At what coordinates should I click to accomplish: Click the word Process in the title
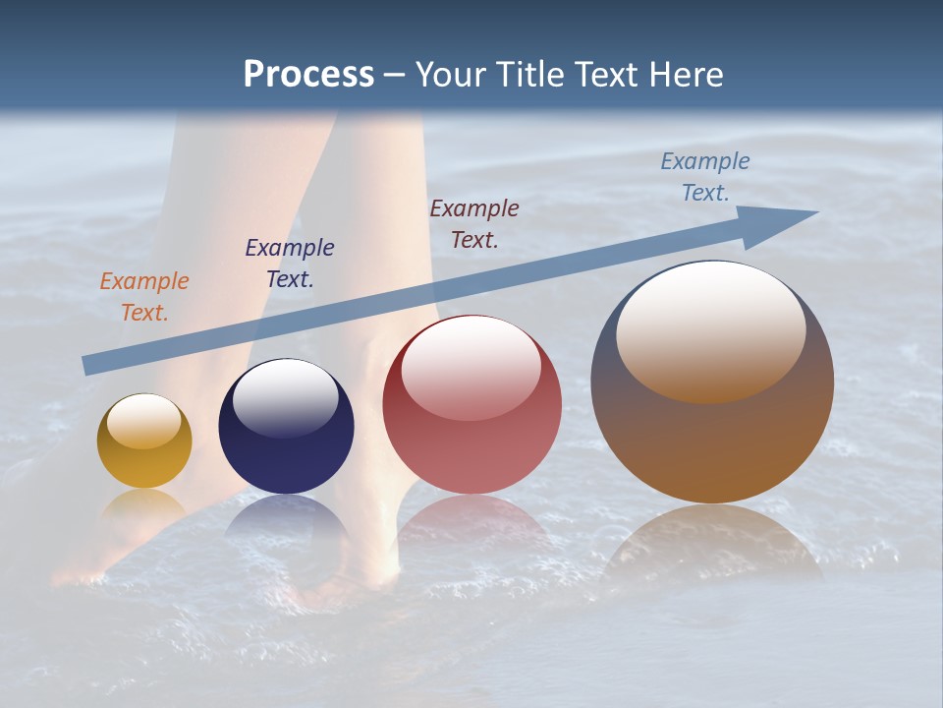(308, 75)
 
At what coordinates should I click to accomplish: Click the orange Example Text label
(144, 297)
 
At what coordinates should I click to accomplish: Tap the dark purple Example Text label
(290, 264)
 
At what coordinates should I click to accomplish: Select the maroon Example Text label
(474, 223)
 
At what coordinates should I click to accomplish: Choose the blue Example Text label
(705, 177)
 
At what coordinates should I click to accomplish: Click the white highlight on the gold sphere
(143, 421)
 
